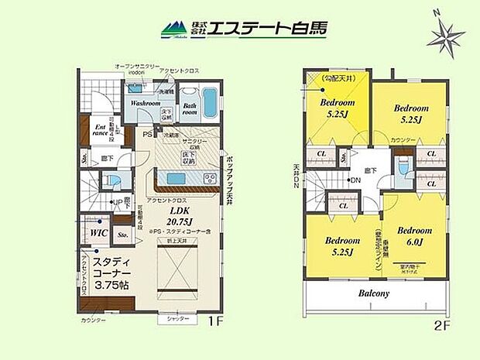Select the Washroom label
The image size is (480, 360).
(x=145, y=103)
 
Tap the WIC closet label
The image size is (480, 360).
(x=98, y=231)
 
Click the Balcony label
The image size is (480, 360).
(x=374, y=293)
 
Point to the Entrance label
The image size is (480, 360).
(x=101, y=129)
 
